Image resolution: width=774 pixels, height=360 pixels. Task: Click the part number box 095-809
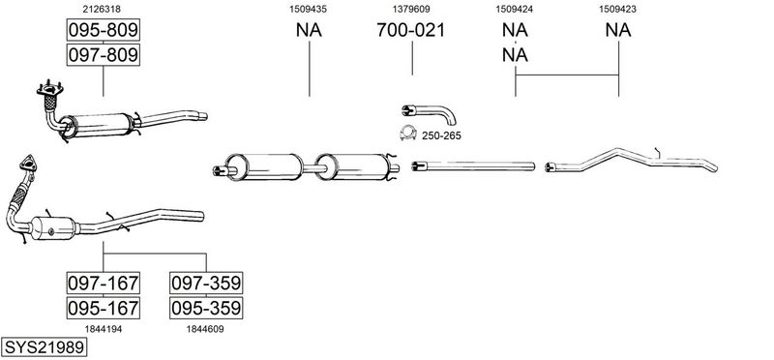coord(104,30)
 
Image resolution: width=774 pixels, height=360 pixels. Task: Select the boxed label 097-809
coord(104,54)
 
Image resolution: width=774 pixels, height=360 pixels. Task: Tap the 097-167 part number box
coord(104,283)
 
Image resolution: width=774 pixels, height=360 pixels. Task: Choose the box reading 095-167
coord(104,308)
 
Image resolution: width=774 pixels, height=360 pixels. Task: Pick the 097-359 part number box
coord(206,283)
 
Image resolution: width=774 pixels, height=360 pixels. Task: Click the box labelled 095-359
coord(206,308)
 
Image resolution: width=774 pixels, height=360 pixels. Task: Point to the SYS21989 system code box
coord(44,347)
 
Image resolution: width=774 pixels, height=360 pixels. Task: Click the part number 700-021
coord(410,30)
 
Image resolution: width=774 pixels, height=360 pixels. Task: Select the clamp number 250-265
coord(441,135)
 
